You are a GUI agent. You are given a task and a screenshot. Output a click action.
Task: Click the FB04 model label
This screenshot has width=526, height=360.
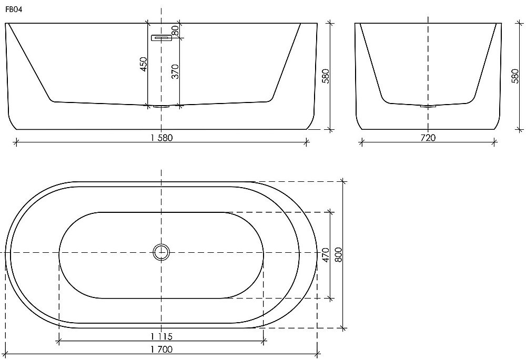(x=14, y=9)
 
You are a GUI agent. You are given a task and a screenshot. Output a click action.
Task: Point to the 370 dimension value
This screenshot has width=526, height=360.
(x=176, y=71)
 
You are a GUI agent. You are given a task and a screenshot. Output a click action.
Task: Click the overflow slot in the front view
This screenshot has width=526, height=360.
(x=162, y=38)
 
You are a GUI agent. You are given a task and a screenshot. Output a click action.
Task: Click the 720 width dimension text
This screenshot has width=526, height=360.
(x=428, y=138)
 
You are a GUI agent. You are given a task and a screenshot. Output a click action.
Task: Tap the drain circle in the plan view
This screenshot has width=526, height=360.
(x=161, y=253)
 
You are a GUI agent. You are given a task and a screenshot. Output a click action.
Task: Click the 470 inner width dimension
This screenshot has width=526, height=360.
(x=326, y=255)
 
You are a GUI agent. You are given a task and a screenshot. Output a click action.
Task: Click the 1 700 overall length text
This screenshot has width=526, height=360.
(x=161, y=348)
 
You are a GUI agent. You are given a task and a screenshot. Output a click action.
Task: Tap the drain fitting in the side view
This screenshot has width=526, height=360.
(x=428, y=106)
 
